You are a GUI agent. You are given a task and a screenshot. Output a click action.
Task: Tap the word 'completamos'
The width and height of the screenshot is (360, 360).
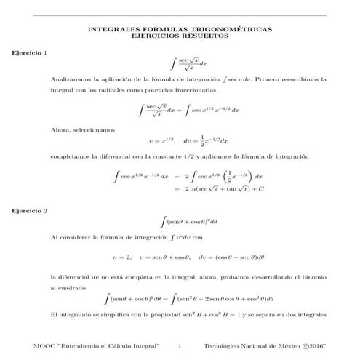point(71,156)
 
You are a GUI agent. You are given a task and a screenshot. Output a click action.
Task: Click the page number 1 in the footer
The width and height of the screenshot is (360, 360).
point(189,345)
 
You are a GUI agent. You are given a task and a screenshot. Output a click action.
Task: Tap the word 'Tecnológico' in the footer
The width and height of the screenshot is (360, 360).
point(225,345)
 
